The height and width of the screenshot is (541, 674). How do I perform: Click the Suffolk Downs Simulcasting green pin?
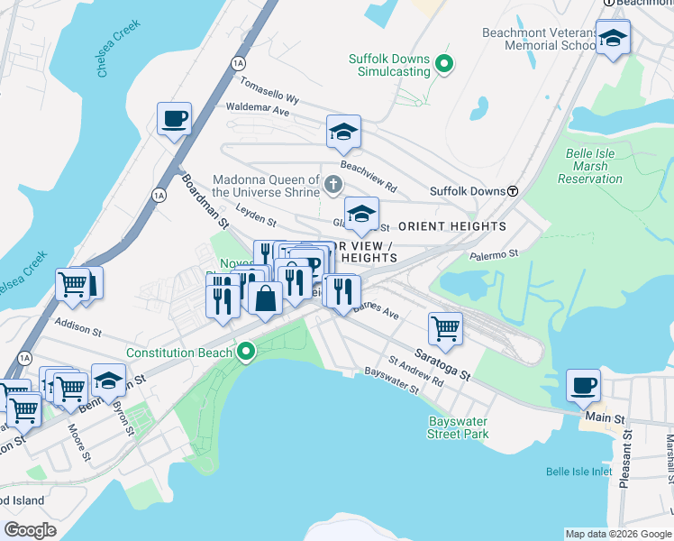(443, 64)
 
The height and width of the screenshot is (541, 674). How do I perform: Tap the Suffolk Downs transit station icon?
(512, 191)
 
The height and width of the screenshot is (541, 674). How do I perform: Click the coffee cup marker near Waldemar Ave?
(174, 118)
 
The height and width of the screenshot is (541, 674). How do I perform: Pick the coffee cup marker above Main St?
(583, 386)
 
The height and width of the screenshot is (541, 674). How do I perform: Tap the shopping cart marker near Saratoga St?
(445, 329)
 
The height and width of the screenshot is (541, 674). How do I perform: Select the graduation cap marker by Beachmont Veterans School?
(613, 39)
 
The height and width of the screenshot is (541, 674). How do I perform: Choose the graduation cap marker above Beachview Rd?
(343, 133)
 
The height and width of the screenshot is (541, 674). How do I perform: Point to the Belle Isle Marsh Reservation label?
(590, 166)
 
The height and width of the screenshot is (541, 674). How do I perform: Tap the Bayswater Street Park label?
(458, 427)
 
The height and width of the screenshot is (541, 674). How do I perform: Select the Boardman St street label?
(202, 199)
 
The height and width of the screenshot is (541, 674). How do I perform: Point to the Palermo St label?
(495, 255)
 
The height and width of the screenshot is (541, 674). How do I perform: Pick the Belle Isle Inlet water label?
(582, 472)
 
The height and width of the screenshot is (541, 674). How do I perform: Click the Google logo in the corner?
(31, 529)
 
